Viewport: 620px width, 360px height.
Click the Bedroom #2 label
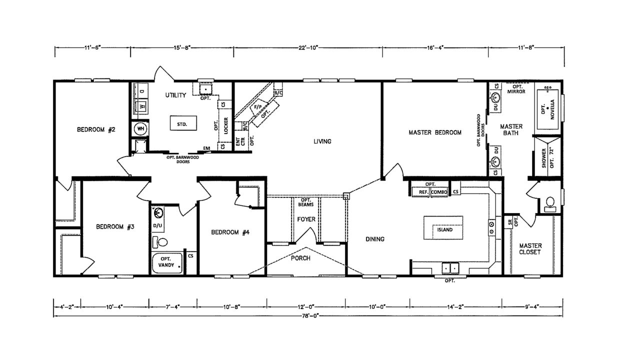[x=96, y=130]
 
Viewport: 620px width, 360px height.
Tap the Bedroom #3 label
[x=115, y=226]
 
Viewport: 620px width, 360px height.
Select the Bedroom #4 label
[x=230, y=232]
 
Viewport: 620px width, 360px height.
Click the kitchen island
[x=443, y=229]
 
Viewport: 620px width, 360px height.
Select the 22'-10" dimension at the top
[x=308, y=47]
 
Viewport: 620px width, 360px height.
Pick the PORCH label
[x=301, y=258]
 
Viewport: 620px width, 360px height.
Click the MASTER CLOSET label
[x=530, y=248]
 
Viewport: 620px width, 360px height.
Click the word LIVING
[x=322, y=141]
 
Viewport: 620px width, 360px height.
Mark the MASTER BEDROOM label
[x=434, y=132]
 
